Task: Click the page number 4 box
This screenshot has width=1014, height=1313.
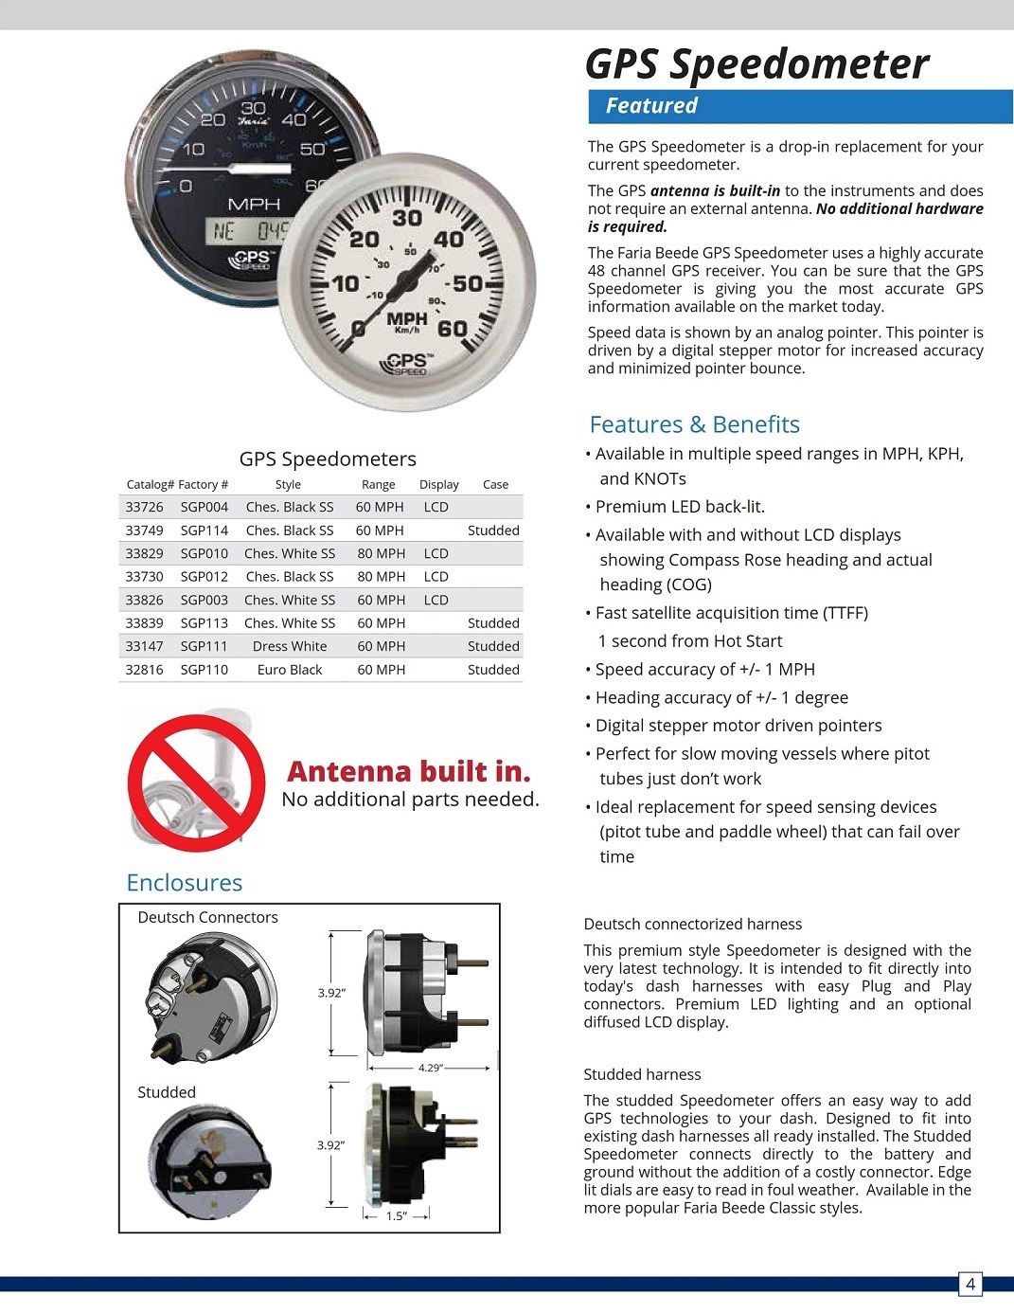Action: (970, 1285)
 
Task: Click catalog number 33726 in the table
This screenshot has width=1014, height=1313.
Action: (144, 507)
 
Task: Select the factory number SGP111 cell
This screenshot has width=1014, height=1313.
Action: (205, 646)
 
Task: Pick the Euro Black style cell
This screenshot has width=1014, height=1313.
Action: (290, 670)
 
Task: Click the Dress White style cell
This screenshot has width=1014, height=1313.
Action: (290, 646)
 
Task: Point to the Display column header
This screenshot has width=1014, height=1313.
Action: (439, 484)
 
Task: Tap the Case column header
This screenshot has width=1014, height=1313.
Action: (495, 484)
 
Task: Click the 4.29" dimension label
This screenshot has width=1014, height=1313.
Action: (430, 1068)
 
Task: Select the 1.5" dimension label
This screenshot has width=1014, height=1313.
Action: (396, 1216)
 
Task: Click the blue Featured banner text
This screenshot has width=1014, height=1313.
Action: (651, 106)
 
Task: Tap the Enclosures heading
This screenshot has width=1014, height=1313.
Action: (185, 883)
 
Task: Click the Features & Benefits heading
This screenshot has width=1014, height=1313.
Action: (694, 424)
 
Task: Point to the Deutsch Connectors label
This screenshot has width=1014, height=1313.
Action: (208, 917)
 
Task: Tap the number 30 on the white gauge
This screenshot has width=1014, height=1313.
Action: (407, 219)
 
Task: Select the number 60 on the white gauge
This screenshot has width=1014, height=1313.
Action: (452, 329)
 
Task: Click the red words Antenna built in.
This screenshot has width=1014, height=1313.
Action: (408, 771)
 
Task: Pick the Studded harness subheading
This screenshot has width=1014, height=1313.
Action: (642, 1074)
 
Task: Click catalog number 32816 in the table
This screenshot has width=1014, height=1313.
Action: (144, 670)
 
